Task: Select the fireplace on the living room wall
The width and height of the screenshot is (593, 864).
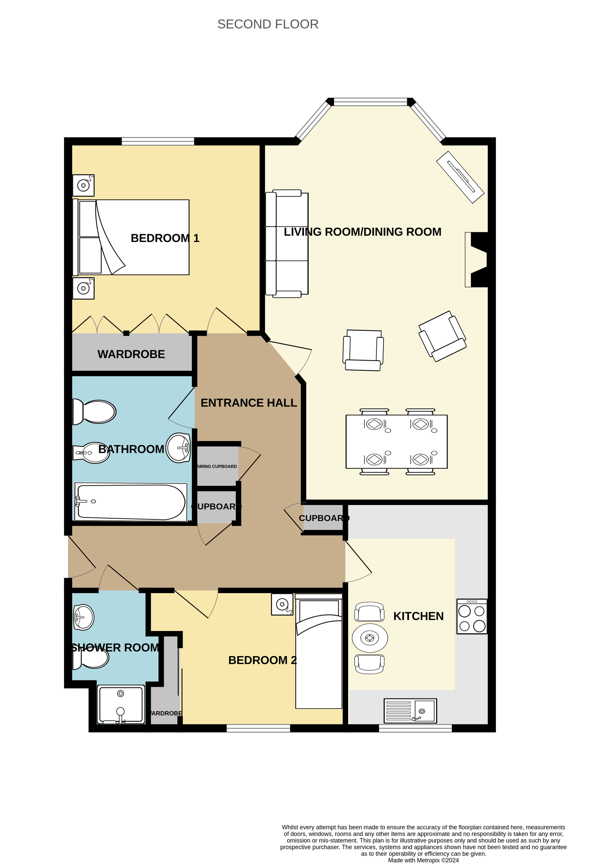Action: pyautogui.click(x=476, y=259)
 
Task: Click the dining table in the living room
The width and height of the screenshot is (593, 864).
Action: pyautogui.click(x=396, y=442)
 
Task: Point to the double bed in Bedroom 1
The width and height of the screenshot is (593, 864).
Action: pyautogui.click(x=131, y=237)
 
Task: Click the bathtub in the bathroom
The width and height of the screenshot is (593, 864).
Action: pyautogui.click(x=131, y=502)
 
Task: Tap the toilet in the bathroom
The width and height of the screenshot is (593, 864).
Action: pyautogui.click(x=94, y=411)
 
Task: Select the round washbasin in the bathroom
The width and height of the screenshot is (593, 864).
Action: pyautogui.click(x=178, y=448)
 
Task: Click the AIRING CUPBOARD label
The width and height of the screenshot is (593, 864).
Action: pyautogui.click(x=217, y=466)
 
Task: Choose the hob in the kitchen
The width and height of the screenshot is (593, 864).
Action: pyautogui.click(x=472, y=616)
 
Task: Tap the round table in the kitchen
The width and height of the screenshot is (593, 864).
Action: pyautogui.click(x=370, y=638)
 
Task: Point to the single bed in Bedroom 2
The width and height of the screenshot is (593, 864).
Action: pyautogui.click(x=319, y=651)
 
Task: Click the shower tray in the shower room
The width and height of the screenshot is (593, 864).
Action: pyautogui.click(x=121, y=705)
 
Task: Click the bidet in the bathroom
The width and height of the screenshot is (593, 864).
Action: pyautogui.click(x=91, y=453)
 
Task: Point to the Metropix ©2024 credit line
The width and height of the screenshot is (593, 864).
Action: pyautogui.click(x=423, y=860)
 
